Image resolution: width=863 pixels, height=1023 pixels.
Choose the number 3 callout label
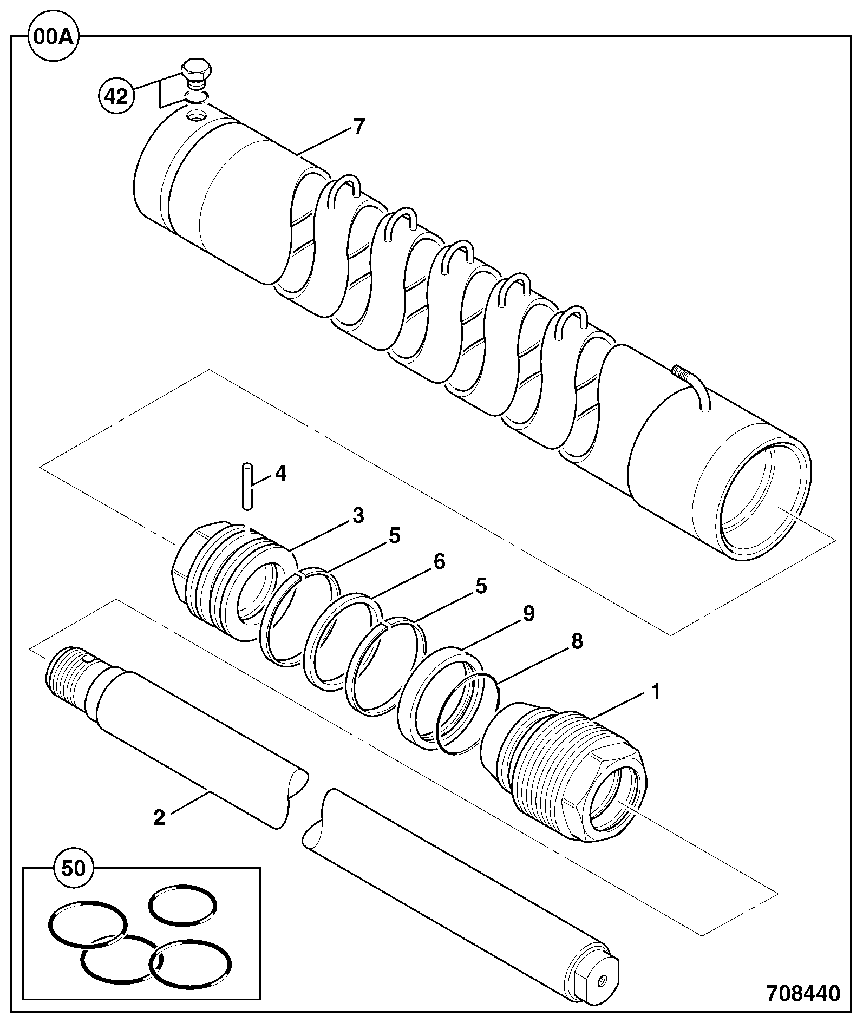click(358, 516)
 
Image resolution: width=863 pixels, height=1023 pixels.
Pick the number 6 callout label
click(439, 562)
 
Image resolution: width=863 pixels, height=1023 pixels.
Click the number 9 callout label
click(528, 613)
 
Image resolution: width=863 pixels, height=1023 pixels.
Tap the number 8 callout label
click(577, 641)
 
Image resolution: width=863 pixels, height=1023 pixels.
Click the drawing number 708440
click(803, 993)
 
